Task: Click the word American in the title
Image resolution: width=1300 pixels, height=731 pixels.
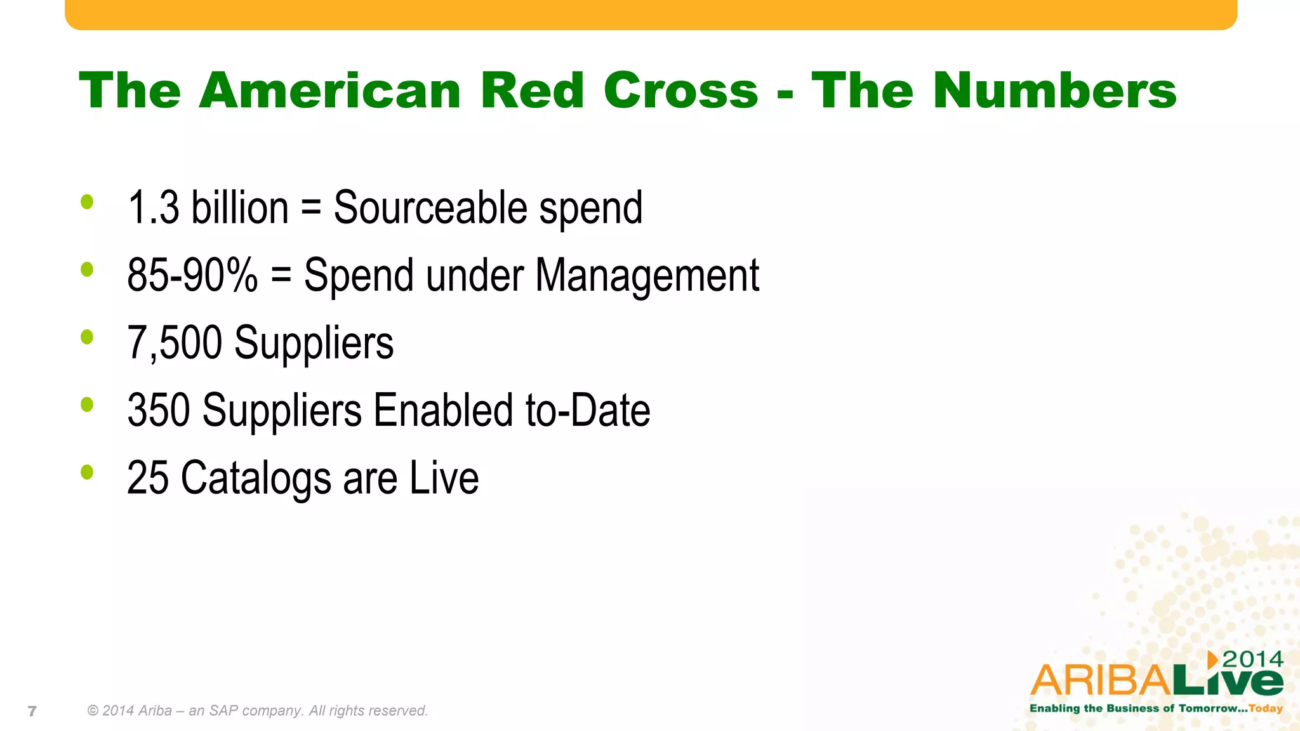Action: coord(329,91)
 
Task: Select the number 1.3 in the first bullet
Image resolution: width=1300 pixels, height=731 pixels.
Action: coord(153,208)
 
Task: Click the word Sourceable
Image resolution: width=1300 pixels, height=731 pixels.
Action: coord(430,208)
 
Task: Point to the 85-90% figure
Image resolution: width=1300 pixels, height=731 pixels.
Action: coord(192,275)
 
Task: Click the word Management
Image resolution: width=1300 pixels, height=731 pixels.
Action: coord(647,275)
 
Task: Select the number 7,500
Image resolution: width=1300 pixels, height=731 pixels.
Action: coord(175,343)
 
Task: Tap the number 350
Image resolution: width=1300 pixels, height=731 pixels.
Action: coord(159,411)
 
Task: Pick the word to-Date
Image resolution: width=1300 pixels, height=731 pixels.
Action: coord(588,411)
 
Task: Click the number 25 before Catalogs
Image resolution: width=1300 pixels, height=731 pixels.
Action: coord(147,478)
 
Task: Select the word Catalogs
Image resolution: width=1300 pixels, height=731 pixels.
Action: coord(256,478)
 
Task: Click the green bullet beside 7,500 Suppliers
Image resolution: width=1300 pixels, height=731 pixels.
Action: coord(87,337)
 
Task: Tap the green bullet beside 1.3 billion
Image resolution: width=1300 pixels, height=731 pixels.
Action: coord(87,202)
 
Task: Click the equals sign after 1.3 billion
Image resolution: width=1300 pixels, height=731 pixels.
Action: coord(310,208)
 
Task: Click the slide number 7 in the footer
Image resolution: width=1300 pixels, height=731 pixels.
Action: coord(32,711)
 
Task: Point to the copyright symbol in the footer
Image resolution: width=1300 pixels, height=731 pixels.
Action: coord(93,711)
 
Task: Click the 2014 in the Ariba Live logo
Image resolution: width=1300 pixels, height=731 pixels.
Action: coord(1252,659)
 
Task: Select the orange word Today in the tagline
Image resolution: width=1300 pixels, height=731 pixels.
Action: coord(1266,708)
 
